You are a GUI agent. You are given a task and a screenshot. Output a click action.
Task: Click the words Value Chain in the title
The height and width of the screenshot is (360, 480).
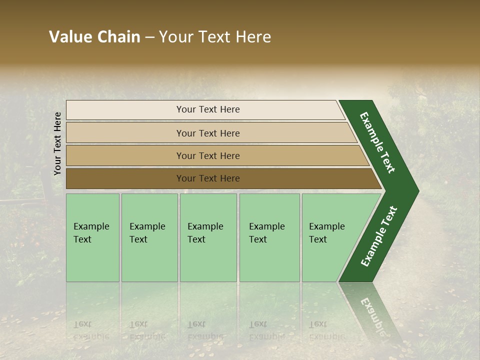(x=94, y=37)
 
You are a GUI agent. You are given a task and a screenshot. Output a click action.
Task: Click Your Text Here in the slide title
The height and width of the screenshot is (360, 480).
(x=215, y=37)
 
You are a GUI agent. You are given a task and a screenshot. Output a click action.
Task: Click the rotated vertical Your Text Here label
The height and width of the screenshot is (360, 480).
(x=57, y=143)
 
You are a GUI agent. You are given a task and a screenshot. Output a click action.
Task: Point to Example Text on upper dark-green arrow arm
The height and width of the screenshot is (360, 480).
(x=377, y=142)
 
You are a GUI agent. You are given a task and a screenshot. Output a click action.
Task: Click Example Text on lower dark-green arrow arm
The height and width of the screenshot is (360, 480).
(x=379, y=236)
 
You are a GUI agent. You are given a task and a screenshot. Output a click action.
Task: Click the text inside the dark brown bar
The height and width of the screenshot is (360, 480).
(x=208, y=178)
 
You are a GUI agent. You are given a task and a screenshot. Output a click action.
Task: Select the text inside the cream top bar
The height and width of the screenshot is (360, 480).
(x=208, y=109)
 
